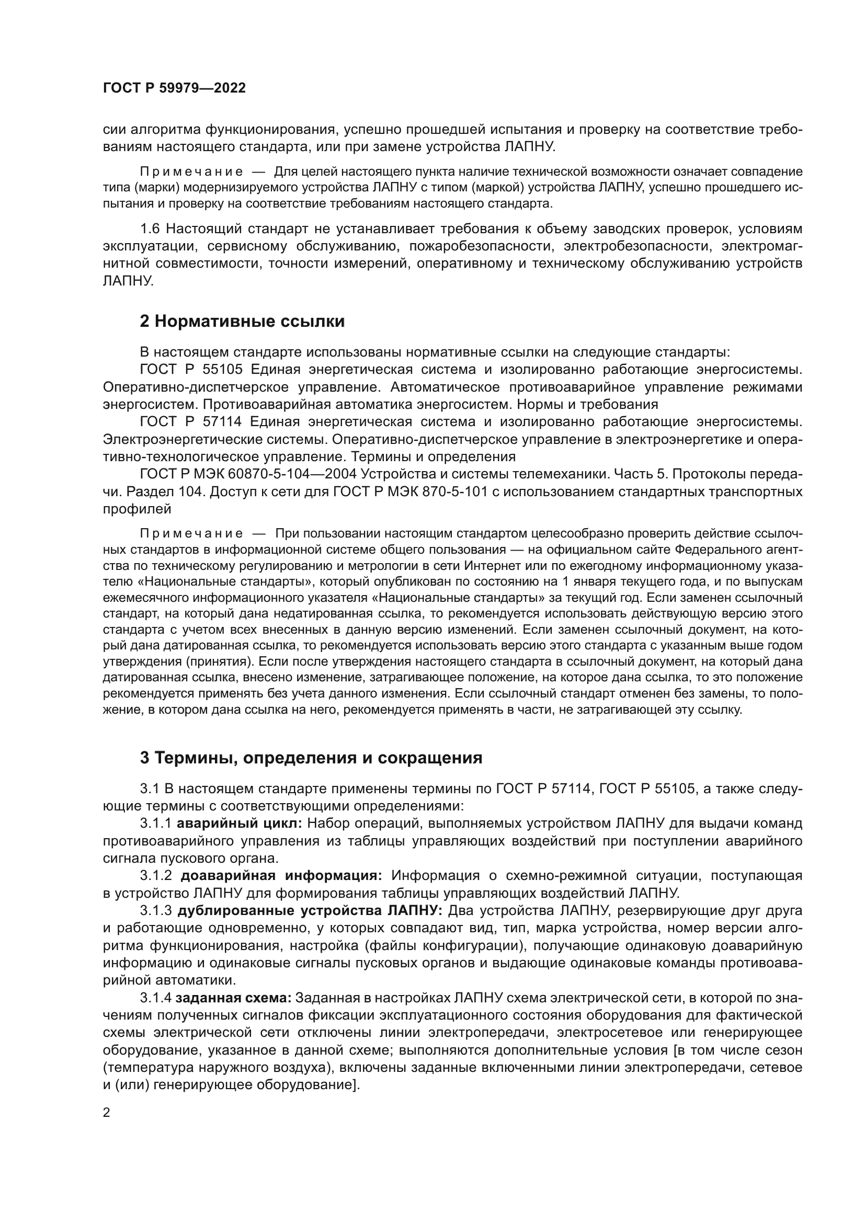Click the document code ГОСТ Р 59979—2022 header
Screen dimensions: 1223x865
click(x=174, y=88)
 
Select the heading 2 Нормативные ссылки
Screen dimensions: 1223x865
click(x=242, y=322)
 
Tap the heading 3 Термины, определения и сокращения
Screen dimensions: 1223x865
click(x=311, y=758)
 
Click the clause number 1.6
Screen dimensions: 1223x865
click(x=150, y=229)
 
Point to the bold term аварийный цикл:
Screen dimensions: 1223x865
click(x=239, y=824)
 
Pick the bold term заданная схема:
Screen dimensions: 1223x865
click(x=233, y=997)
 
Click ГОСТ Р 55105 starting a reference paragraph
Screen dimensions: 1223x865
click(x=191, y=369)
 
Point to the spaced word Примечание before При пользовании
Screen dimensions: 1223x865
click(x=191, y=534)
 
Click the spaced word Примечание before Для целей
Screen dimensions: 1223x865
click(x=191, y=172)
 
